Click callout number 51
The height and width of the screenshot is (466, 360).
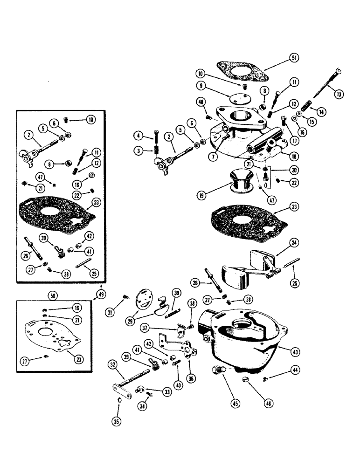point(293,57)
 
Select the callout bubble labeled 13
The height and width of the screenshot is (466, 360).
point(339,94)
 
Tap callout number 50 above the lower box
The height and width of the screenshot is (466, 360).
point(52,295)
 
